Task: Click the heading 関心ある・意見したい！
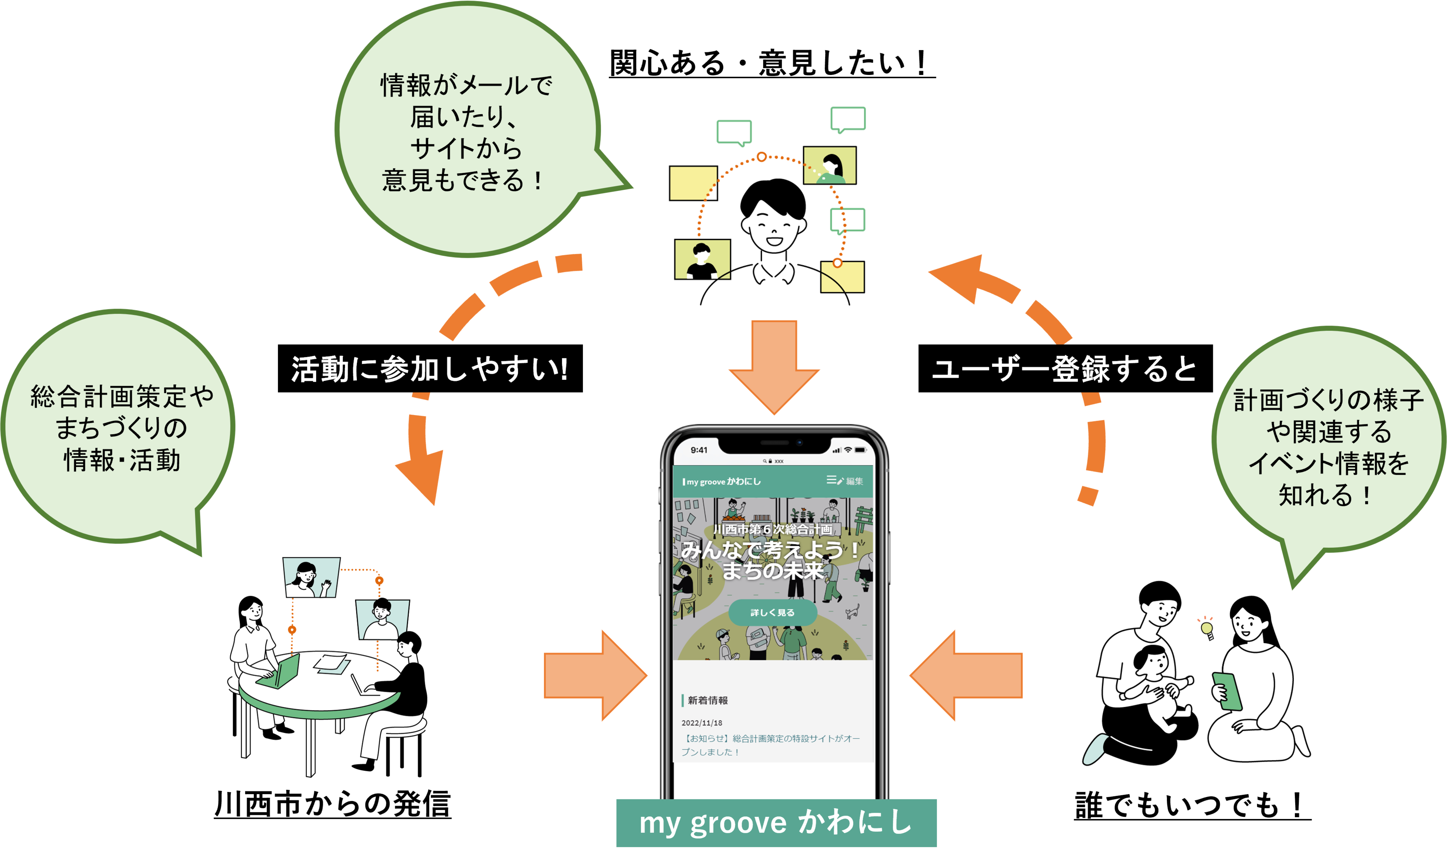(771, 63)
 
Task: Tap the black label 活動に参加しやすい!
(430, 369)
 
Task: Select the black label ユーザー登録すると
(1065, 369)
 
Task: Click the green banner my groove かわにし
(776, 823)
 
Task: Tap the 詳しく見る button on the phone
(772, 612)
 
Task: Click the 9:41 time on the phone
(699, 450)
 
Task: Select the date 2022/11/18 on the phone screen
(702, 723)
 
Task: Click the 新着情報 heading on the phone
(708, 700)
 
